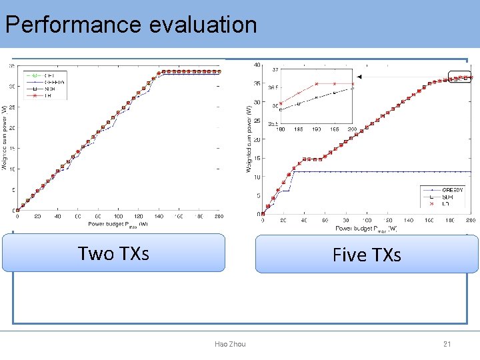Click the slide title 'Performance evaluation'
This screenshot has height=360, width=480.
(x=131, y=25)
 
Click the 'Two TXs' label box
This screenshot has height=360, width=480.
(x=113, y=253)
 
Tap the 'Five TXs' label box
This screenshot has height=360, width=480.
(x=367, y=254)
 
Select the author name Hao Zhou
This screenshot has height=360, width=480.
(x=230, y=344)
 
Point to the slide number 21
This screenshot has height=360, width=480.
(x=447, y=344)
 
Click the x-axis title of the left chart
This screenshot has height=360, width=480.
(x=119, y=225)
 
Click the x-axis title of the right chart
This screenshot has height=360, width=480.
(x=366, y=229)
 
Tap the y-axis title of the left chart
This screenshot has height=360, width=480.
(x=5, y=137)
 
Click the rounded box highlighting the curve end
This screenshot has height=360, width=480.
(x=459, y=78)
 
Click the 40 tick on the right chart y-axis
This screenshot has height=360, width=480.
(x=257, y=65)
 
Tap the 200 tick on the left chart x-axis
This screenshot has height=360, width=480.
(x=219, y=217)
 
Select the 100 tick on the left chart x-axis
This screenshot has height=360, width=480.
(x=118, y=217)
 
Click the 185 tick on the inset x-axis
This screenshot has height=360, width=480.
(x=298, y=129)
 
